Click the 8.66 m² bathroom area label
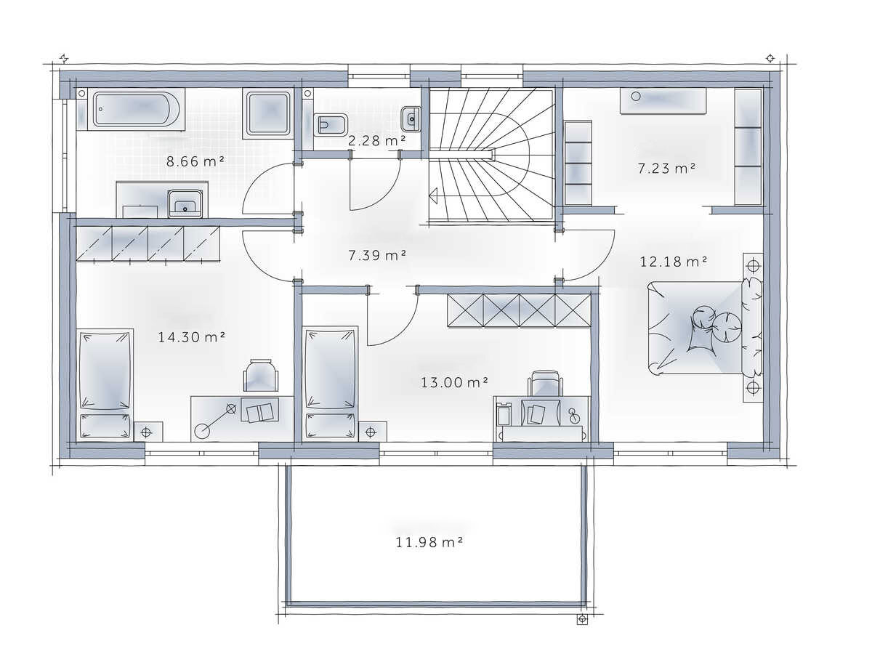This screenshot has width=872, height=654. [195, 161]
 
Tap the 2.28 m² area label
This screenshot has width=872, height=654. [376, 140]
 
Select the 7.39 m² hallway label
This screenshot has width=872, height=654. [377, 255]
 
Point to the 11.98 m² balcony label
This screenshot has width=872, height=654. [429, 542]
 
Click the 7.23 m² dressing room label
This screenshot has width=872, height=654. [666, 169]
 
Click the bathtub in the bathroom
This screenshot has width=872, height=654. [136, 109]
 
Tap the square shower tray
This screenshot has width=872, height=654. [268, 113]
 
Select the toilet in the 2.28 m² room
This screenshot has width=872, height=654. [331, 125]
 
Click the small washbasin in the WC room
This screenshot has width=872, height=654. [411, 118]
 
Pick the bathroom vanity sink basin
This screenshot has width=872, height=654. [185, 203]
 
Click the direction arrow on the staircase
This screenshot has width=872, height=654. [433, 196]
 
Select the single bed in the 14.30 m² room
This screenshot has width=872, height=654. [105, 384]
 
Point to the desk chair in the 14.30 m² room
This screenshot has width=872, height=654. [260, 375]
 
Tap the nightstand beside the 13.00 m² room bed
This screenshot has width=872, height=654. [372, 431]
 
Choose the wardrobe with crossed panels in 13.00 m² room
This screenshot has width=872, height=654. [519, 310]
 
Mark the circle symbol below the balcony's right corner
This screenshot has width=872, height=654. [582, 619]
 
